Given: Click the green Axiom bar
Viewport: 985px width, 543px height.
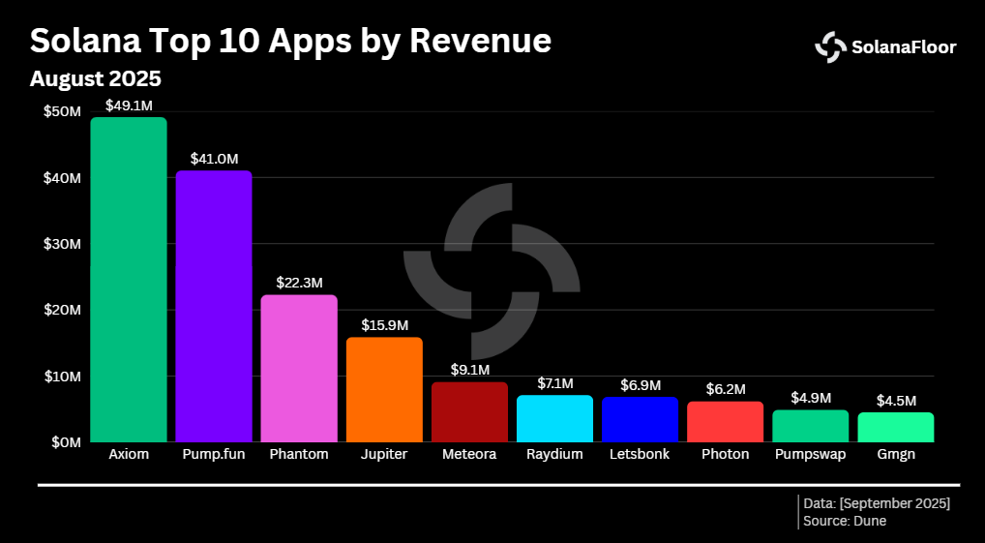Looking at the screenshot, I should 128,280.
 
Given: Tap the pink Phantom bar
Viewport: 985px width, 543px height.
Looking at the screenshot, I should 299,368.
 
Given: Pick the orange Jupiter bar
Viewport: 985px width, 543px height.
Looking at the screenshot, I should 384,389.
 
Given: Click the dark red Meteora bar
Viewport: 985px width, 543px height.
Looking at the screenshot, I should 469,411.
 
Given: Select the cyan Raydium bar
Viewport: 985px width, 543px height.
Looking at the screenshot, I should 554,418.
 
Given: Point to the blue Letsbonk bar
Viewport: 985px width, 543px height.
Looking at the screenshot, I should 640,419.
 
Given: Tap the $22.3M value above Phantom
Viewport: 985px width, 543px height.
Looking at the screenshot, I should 299,283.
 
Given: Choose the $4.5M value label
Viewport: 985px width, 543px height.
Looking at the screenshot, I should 895,401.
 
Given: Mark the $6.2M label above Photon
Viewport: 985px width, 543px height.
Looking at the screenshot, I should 725,389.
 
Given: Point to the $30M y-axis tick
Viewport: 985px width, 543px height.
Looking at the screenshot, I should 62,244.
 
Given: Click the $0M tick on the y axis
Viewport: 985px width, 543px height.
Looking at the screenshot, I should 66,442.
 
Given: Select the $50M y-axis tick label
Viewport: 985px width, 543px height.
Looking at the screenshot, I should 62,112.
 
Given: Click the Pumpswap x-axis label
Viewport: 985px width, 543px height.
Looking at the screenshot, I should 810,454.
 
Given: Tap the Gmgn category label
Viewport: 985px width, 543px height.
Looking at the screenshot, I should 895,454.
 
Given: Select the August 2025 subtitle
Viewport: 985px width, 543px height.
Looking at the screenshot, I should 95,78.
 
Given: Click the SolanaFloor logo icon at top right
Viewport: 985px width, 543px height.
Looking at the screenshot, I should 830,46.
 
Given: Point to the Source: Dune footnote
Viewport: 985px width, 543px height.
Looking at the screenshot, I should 845,521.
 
